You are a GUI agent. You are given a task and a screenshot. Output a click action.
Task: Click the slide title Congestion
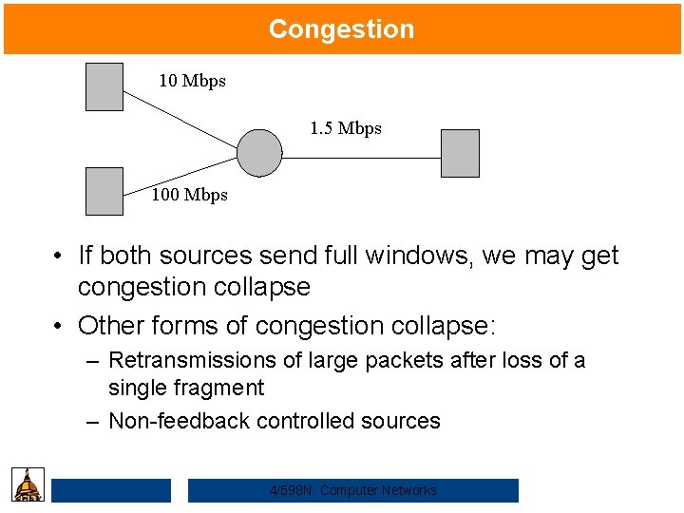pos(341,28)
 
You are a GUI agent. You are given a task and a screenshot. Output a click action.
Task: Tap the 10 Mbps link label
pos(192,81)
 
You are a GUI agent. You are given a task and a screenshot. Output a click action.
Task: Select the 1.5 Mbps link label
pos(346,128)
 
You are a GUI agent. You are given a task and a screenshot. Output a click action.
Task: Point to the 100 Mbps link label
pos(190,195)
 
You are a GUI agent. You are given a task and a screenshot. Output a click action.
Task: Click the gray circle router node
pos(259,153)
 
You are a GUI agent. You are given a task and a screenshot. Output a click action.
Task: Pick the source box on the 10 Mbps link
pos(104,86)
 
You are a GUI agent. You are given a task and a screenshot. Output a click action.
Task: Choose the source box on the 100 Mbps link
pos(104,191)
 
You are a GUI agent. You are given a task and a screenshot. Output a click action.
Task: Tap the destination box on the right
pos(461,153)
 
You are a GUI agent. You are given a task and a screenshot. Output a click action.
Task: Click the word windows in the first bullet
pos(415,256)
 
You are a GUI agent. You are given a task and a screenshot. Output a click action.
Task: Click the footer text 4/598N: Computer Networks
pos(353,490)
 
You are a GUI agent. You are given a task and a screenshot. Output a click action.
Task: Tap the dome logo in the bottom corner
pos(28,484)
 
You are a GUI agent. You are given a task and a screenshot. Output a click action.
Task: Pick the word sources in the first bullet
pos(208,256)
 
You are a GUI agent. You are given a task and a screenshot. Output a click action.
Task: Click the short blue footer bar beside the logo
pos(111,490)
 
